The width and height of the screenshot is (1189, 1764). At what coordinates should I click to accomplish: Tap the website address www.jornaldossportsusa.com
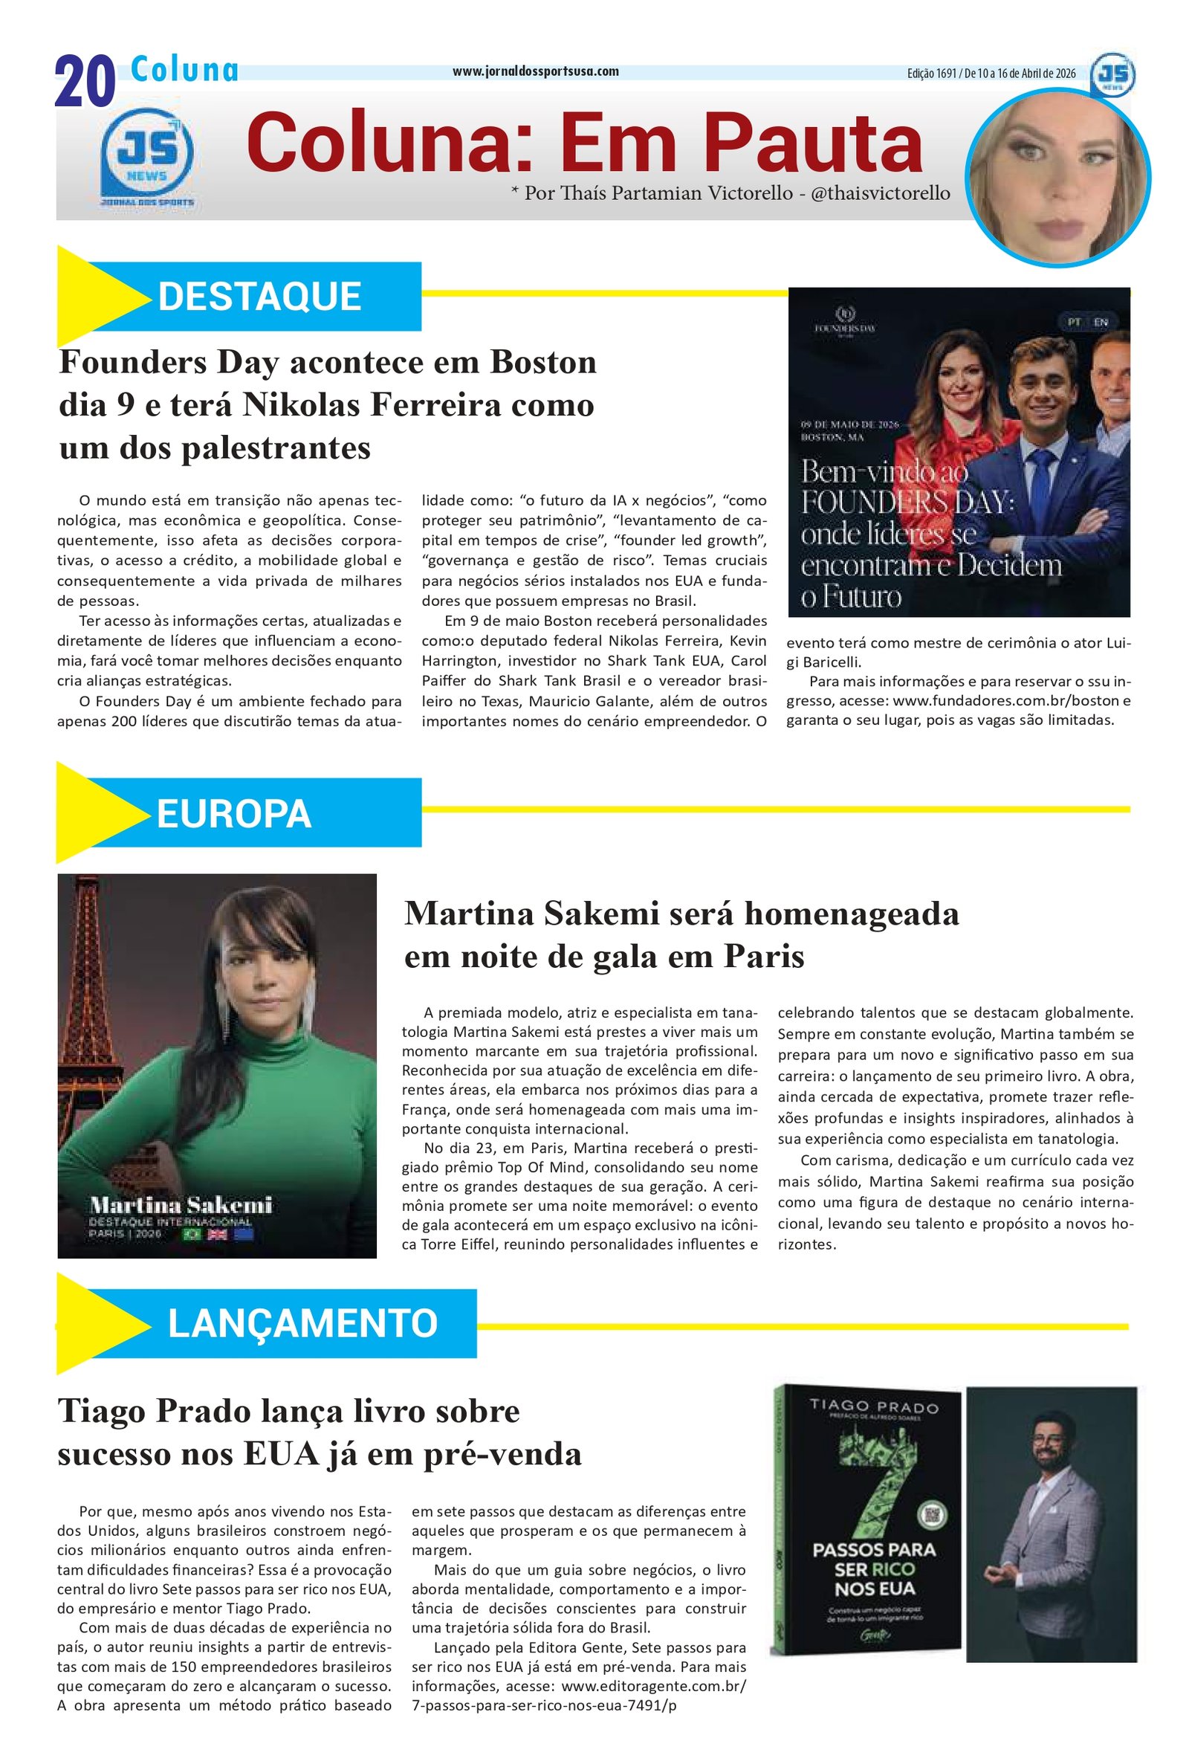coord(535,71)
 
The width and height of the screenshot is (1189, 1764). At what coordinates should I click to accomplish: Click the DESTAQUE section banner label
coord(259,297)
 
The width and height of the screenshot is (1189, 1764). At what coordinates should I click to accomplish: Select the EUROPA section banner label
coord(233,814)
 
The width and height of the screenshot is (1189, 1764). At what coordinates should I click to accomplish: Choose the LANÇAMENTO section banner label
coord(302,1323)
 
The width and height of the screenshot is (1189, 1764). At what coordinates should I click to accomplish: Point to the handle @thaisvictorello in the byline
coord(880,193)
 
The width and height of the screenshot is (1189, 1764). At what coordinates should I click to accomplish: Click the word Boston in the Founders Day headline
coord(543,363)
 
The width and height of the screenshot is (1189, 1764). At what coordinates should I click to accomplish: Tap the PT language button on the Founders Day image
coord(1075,323)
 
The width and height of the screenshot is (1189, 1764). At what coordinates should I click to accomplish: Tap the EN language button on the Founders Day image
coord(1101,323)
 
